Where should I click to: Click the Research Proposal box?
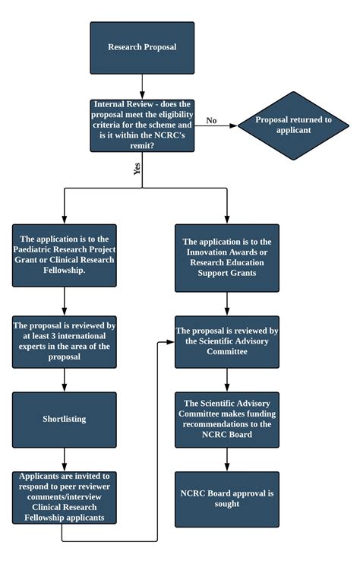(142, 47)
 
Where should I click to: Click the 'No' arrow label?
(211, 120)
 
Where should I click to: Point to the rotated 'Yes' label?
(137, 170)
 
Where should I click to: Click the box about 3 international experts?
(65, 341)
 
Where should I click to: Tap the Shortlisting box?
(65, 420)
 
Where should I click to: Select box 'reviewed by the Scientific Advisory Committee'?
(227, 341)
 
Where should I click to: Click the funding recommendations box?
(227, 420)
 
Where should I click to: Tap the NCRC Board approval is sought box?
(227, 498)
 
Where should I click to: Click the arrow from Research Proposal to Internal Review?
(142, 85)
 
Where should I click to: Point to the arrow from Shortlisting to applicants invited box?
(65, 458)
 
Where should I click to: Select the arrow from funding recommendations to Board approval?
(227, 458)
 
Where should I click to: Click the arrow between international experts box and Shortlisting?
(65, 379)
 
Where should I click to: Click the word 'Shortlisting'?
(65, 420)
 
